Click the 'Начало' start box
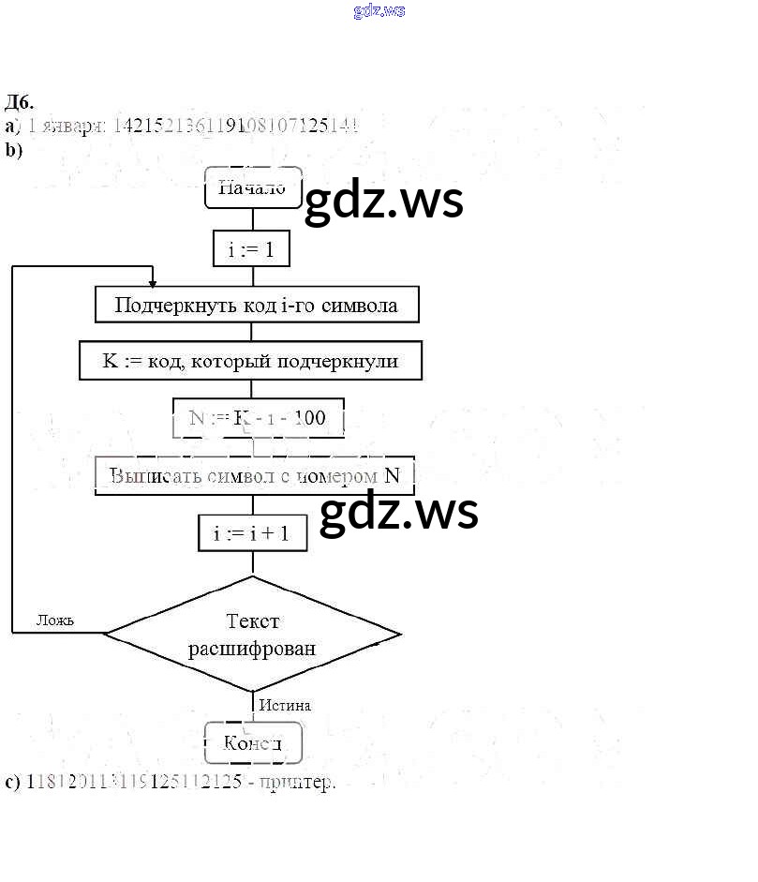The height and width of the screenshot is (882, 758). coord(252,187)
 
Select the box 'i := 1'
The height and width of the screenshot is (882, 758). coord(251,249)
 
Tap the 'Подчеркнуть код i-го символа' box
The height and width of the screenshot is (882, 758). coord(256,306)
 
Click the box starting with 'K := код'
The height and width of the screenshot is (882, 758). coord(250,361)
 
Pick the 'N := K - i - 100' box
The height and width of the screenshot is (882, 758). coord(258,418)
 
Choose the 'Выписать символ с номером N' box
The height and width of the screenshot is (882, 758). coord(254,475)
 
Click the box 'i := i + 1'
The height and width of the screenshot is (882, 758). coord(252,533)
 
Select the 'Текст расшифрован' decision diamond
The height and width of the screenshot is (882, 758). coord(252,635)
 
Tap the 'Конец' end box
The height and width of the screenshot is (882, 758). coord(253,743)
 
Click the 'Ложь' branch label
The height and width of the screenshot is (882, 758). coord(55,620)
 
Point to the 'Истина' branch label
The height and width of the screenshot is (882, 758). coord(285,705)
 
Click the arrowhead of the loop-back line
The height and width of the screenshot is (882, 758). coord(152,281)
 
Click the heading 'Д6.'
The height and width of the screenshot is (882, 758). coord(20,101)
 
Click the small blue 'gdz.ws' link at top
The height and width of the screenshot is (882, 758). coord(379,11)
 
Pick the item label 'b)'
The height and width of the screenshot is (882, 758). coord(13,149)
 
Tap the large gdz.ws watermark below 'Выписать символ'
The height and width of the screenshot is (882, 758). coord(398,513)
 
